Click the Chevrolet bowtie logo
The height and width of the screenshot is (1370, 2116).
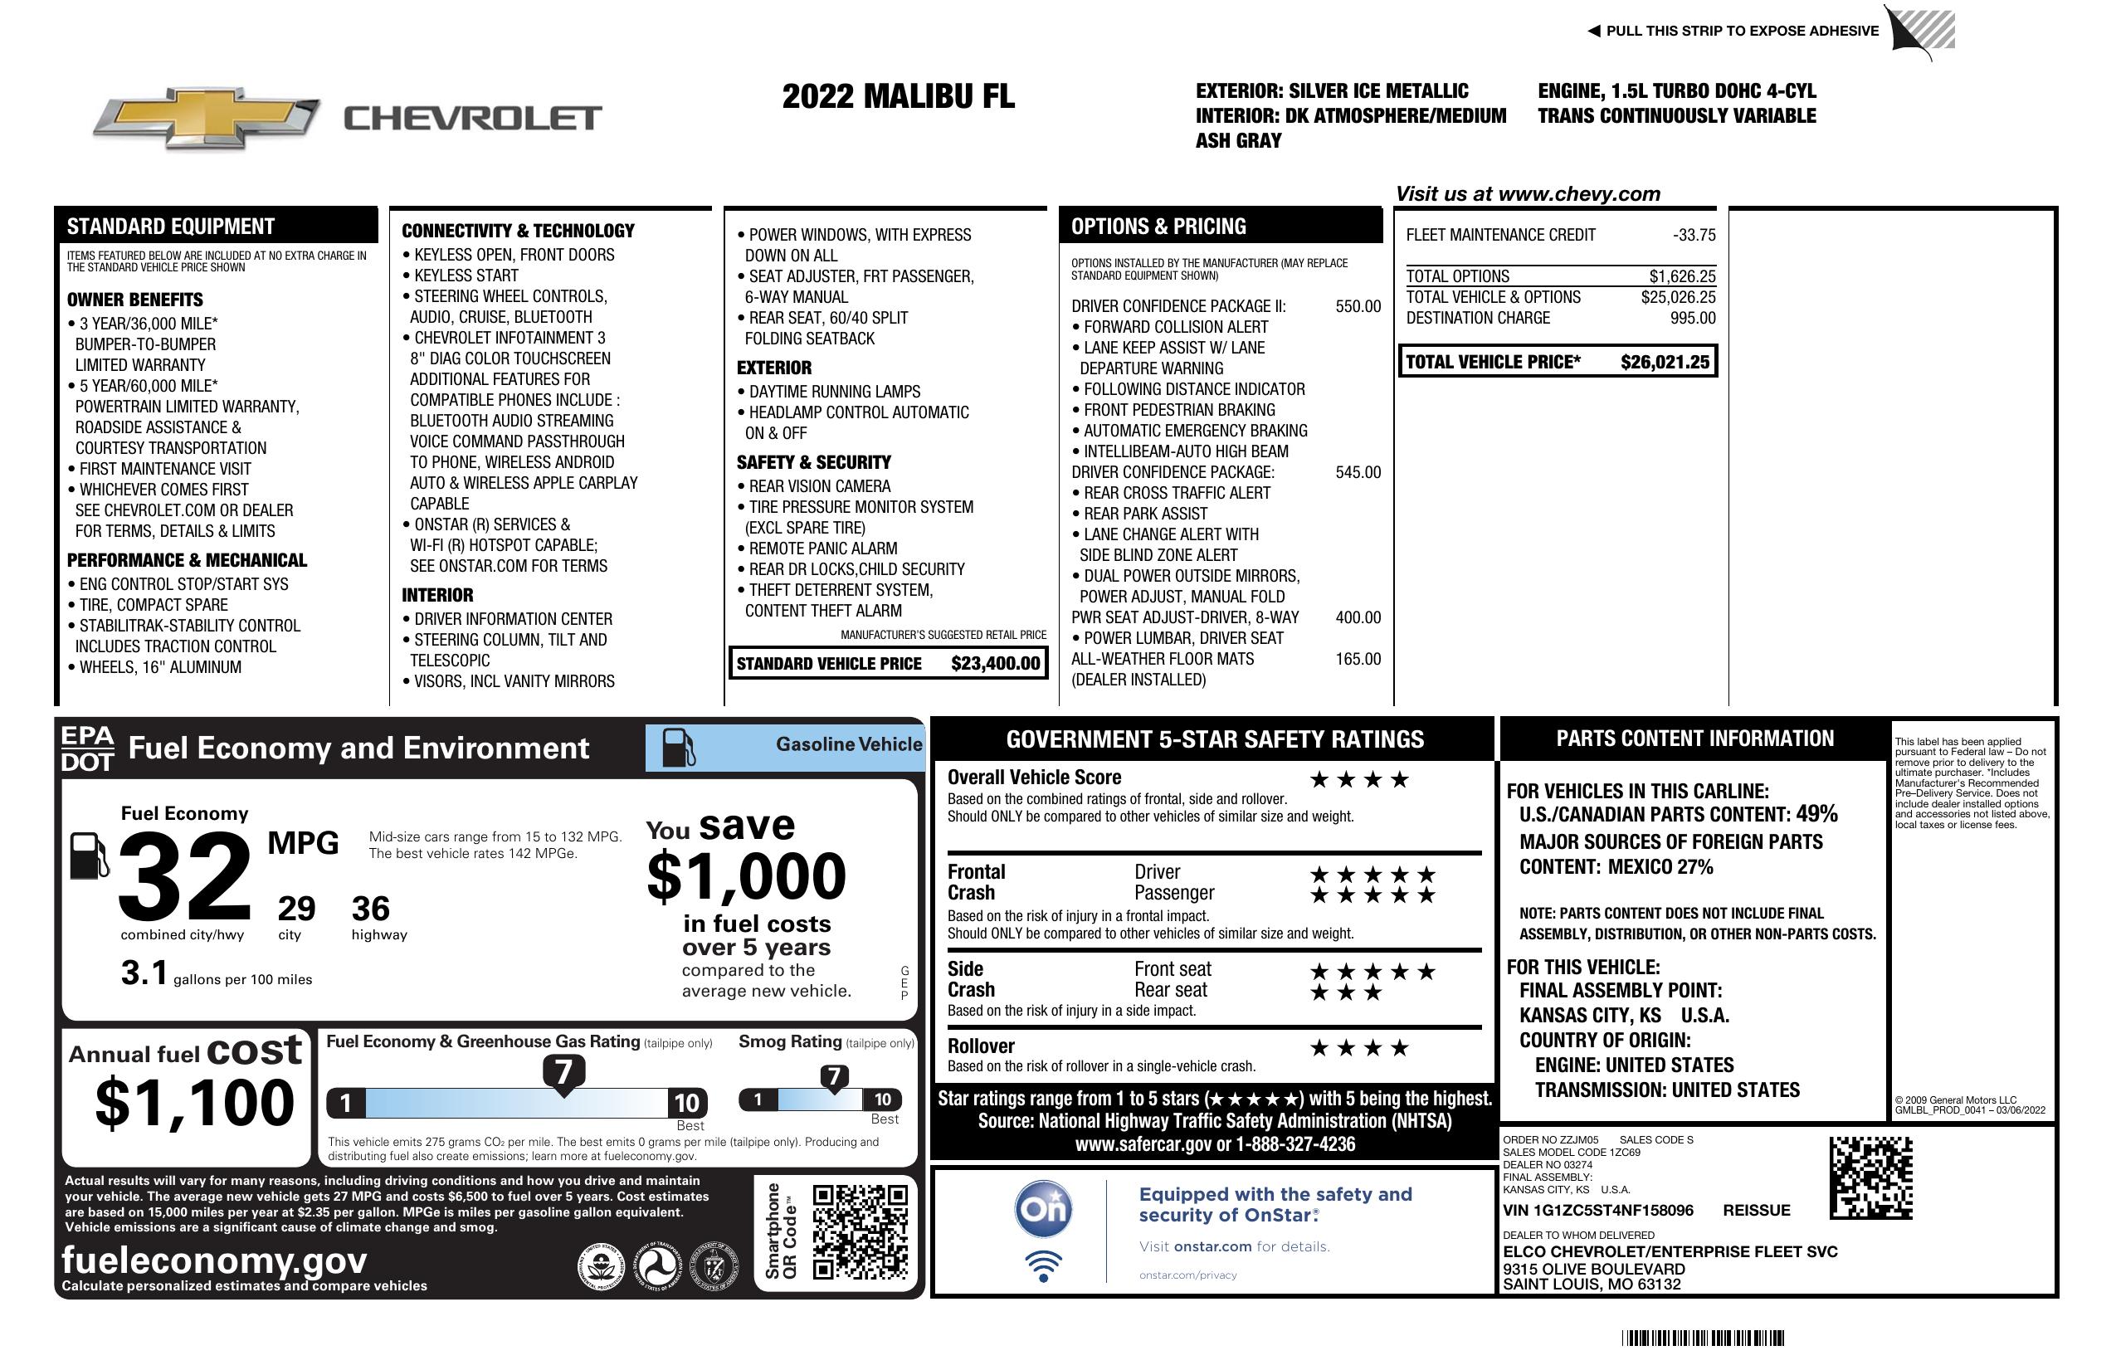207,117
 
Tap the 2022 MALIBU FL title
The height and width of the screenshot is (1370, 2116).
898,96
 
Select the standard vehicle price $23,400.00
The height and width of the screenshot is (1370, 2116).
995,663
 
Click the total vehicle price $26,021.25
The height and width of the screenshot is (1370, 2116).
1665,362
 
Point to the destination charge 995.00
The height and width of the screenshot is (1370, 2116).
1693,319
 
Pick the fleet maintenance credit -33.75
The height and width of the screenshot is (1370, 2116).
1694,236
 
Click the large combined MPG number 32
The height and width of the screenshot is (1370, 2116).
185,876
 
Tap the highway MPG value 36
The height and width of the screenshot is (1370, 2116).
370,909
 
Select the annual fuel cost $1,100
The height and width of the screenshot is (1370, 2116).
194,1103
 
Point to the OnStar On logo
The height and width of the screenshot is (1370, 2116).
1043,1208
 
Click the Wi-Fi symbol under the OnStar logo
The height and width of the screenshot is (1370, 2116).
1043,1266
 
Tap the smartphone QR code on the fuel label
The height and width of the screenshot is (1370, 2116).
860,1231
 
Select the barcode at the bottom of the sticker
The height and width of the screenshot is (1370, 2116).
1703,1338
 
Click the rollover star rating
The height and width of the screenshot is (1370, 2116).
1358,1048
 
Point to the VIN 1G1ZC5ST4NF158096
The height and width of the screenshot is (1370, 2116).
1597,1211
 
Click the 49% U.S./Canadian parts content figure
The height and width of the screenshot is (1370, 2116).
1816,813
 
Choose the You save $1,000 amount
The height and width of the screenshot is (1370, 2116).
747,876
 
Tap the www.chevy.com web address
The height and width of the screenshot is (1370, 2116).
1578,194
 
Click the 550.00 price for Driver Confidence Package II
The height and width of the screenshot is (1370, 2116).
1358,307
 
